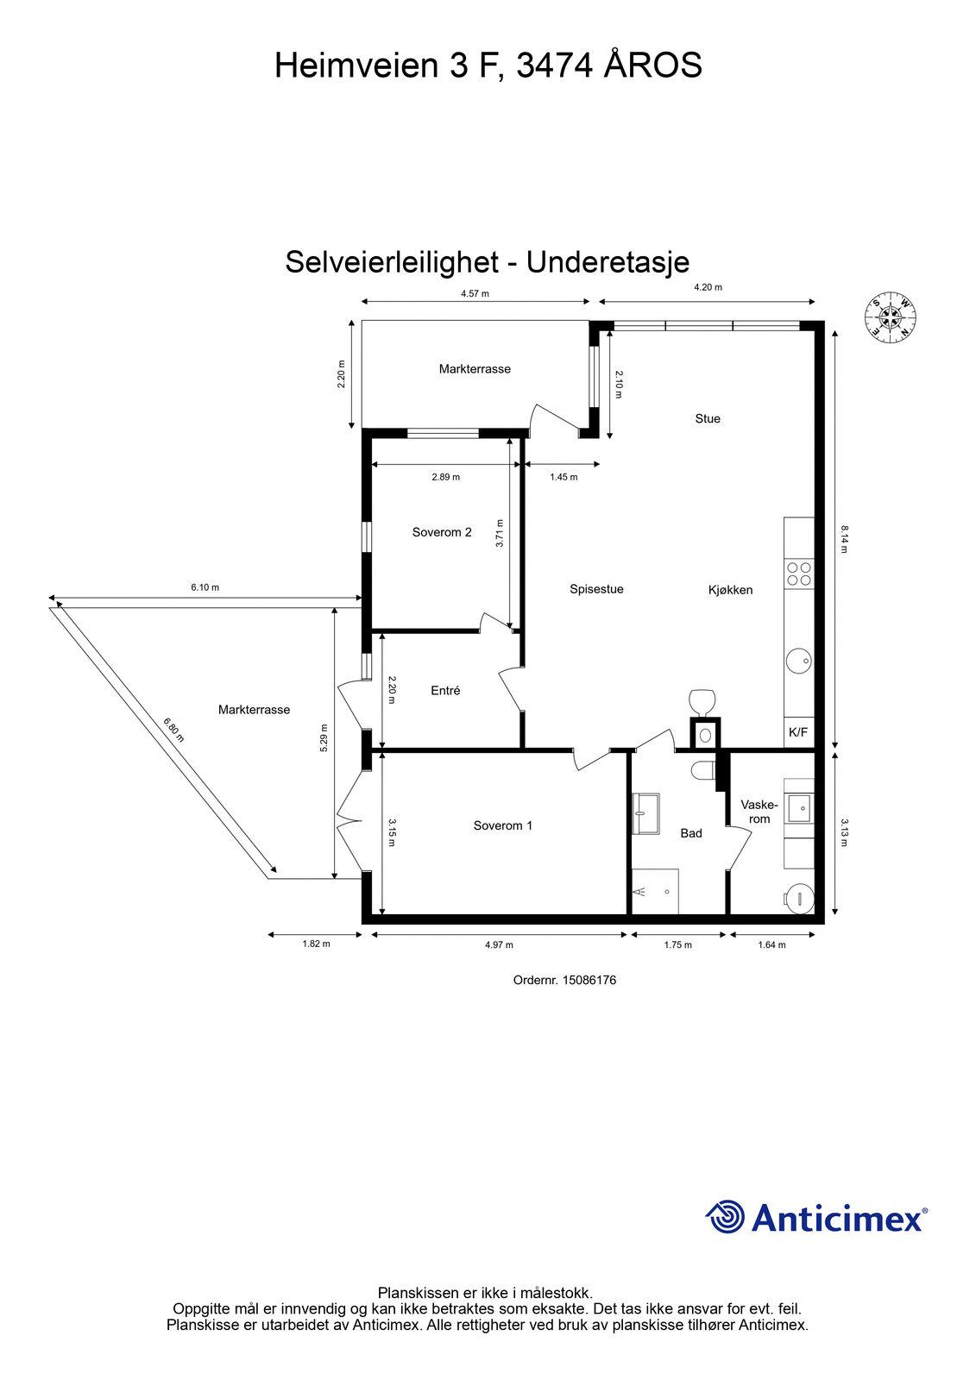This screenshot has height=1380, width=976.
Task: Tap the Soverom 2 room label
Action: click(x=442, y=531)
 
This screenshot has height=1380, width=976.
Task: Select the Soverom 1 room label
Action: click(x=502, y=825)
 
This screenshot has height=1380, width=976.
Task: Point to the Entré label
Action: click(x=445, y=691)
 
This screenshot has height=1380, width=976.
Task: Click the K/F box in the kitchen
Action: click(x=798, y=732)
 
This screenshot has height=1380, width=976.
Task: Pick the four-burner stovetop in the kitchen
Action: click(x=799, y=574)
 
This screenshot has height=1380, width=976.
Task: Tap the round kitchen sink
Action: click(x=799, y=661)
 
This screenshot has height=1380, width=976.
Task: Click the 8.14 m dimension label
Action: click(x=844, y=538)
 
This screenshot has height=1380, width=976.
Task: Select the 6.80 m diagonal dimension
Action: click(x=173, y=730)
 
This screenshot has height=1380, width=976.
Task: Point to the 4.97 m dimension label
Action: click(x=499, y=944)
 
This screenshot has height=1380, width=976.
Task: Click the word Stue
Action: click(x=707, y=418)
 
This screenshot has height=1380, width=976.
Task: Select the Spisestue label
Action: click(x=596, y=589)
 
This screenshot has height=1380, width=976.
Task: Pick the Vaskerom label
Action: click(x=759, y=812)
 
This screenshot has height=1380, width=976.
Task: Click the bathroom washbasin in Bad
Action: click(x=645, y=814)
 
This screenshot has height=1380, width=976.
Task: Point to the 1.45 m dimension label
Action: click(x=564, y=477)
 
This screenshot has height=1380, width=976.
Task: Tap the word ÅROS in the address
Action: click(x=653, y=66)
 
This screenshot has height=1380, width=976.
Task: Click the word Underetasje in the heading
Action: click(x=608, y=262)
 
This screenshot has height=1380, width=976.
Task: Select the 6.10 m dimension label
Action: click(x=205, y=587)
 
